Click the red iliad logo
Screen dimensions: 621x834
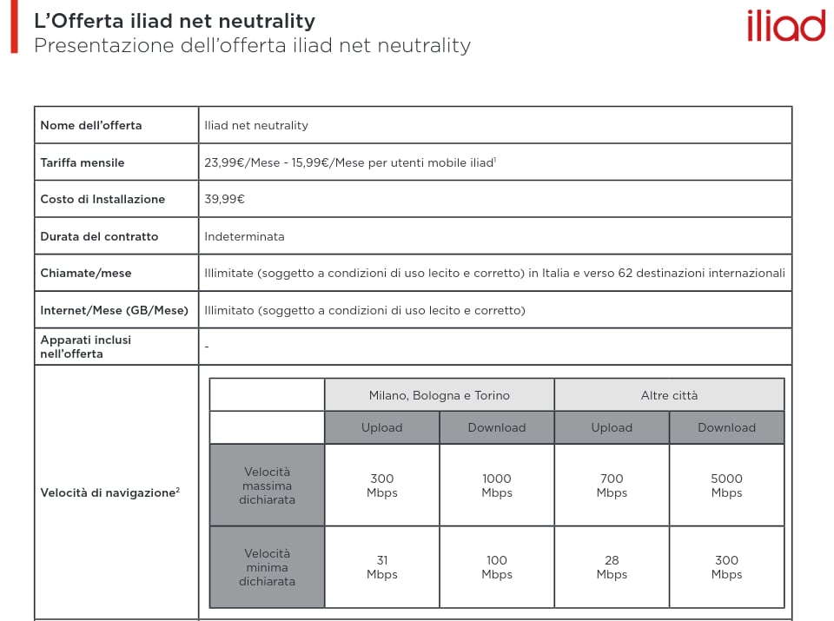coord(785,26)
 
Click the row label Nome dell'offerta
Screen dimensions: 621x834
coord(90,125)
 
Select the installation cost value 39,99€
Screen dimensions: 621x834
coord(224,199)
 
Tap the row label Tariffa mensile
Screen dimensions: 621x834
coord(83,162)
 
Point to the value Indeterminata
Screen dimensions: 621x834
coord(244,236)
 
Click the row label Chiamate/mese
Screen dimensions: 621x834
coord(86,273)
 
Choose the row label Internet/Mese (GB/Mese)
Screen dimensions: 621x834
coord(114,310)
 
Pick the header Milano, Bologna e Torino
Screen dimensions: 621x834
coord(439,395)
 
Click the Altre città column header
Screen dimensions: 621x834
coord(669,395)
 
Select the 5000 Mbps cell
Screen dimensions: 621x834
coord(726,486)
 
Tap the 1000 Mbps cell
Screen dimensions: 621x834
coord(497,486)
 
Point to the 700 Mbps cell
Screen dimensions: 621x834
coord(612,486)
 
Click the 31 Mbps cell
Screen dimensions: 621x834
coord(381,567)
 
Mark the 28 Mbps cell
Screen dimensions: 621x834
coord(612,567)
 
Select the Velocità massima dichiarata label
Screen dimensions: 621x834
coord(267,486)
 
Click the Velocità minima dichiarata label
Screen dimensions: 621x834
coord(267,567)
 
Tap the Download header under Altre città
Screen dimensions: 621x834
coord(726,427)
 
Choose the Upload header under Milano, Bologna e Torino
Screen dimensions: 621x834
coord(381,427)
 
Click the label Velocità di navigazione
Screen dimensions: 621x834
coord(108,492)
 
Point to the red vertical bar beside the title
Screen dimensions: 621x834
coord(14,27)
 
